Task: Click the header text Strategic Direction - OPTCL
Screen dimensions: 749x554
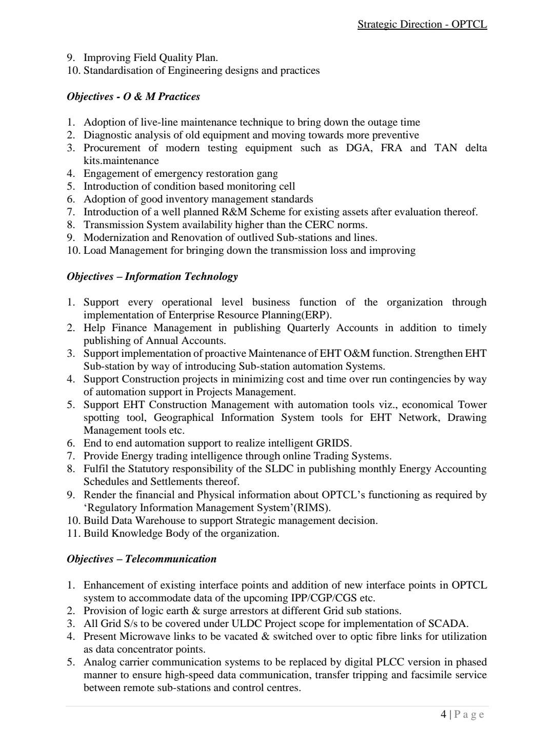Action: pos(422,24)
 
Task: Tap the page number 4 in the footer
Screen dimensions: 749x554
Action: pos(443,714)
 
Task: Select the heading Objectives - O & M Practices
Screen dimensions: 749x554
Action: pos(133,96)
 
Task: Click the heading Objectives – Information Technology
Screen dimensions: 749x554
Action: pos(152,276)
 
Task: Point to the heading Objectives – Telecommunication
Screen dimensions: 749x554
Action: pos(142,559)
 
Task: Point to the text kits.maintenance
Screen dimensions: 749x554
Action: pos(121,160)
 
